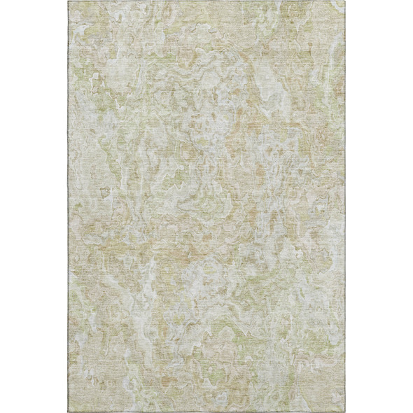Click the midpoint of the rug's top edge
[206, 1]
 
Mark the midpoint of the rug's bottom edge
[206, 412]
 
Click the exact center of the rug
[206, 206]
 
